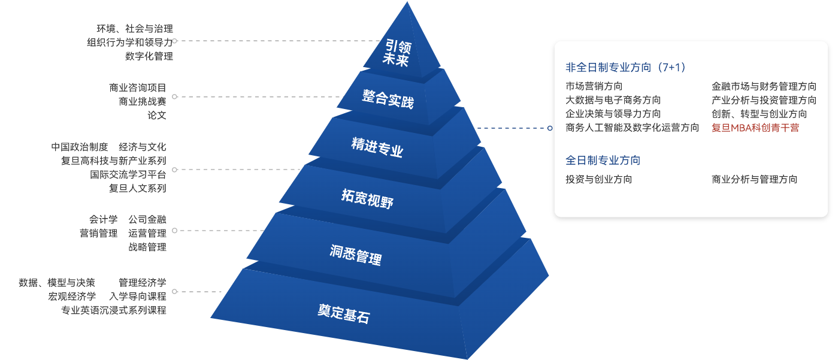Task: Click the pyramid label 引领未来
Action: [397, 53]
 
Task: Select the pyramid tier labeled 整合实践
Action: [388, 99]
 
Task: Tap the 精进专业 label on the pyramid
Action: [377, 147]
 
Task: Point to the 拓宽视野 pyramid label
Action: [368, 199]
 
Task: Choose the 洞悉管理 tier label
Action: [356, 255]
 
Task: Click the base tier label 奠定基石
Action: [344, 313]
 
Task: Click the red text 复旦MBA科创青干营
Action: [755, 128]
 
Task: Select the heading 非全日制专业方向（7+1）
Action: [625, 68]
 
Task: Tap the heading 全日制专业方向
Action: [603, 161]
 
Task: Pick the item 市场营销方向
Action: [594, 86]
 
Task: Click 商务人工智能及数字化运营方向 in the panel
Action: [632, 128]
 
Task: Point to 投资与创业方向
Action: [598, 179]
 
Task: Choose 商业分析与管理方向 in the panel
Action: [755, 179]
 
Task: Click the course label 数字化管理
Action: [149, 56]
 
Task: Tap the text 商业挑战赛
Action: [143, 101]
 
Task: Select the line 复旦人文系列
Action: [138, 188]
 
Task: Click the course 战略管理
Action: [147, 247]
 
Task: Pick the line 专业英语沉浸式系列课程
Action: [114, 310]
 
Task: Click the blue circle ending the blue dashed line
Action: [550, 128]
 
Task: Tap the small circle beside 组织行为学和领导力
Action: [174, 41]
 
